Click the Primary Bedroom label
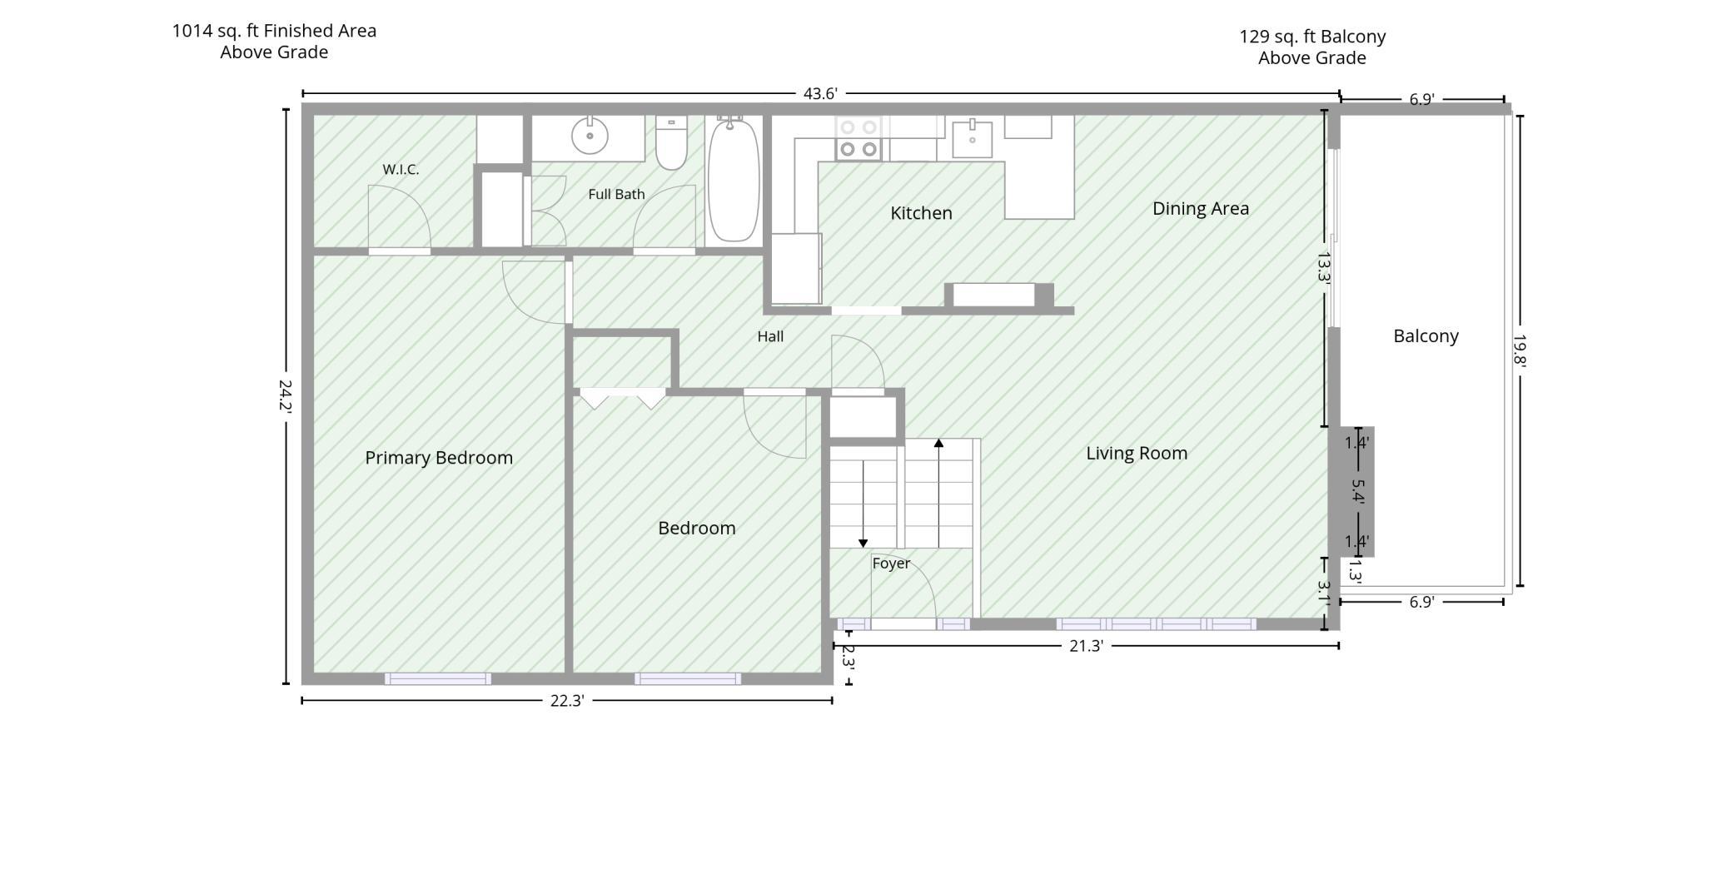click(x=439, y=458)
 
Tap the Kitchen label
click(x=921, y=213)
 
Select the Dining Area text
click(x=1201, y=209)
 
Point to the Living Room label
click(x=1137, y=454)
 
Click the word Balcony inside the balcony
click(x=1426, y=336)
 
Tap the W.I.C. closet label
click(x=401, y=170)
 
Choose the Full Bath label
click(x=616, y=194)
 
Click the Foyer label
click(x=891, y=564)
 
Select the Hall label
click(x=770, y=336)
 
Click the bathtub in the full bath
click(x=734, y=179)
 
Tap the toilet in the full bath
click(x=671, y=142)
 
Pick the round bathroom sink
click(x=590, y=135)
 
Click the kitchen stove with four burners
click(x=859, y=138)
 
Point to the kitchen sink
click(x=972, y=139)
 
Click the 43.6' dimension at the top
click(x=820, y=94)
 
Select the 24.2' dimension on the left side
click(x=286, y=396)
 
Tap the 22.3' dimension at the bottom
click(x=567, y=701)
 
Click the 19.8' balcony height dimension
click(x=1520, y=350)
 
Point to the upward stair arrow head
click(x=938, y=444)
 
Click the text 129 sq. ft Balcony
click(x=1312, y=37)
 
